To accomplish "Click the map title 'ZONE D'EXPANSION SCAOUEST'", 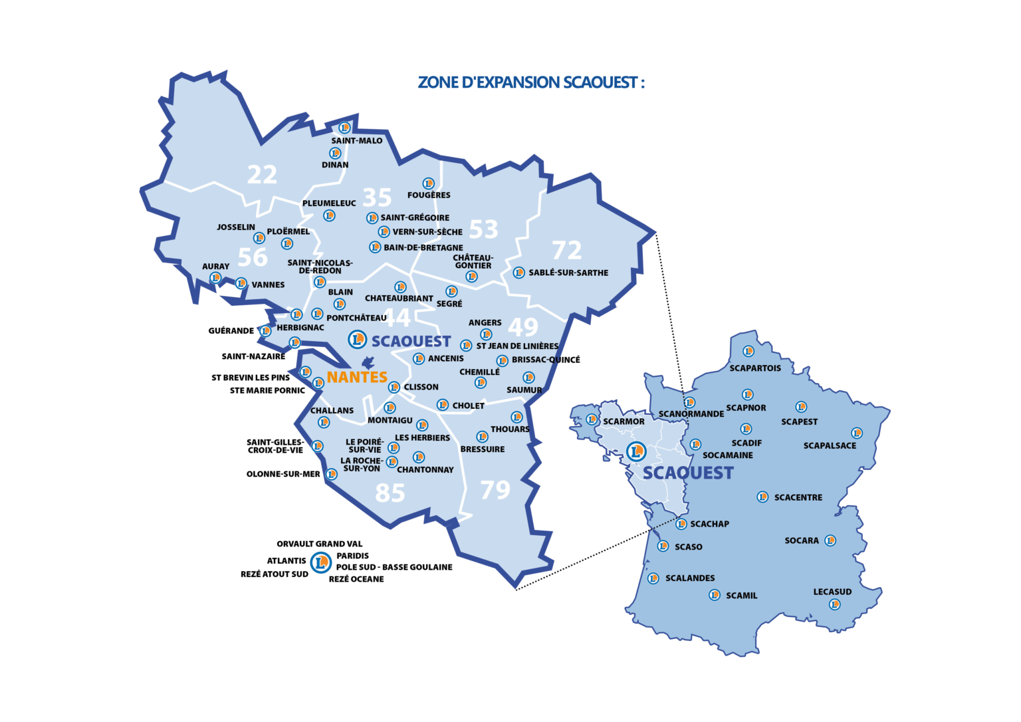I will [531, 82].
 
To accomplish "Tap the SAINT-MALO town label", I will [357, 141].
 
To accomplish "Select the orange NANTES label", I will [357, 377].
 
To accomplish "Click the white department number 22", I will [262, 175].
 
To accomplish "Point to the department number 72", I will [567, 250].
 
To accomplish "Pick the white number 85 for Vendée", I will [390, 493].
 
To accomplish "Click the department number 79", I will [495, 490].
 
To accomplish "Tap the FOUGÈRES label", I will [429, 195].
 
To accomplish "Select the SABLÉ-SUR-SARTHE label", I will [568, 273].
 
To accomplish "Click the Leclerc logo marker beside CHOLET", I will [443, 405].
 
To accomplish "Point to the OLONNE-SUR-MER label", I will [283, 474].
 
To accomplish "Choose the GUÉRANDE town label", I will [231, 330].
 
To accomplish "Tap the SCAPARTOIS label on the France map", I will [755, 368].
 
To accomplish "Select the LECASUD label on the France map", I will [832, 592].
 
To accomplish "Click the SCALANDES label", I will [690, 578].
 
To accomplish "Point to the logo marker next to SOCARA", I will [830, 541].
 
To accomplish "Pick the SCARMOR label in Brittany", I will [624, 421].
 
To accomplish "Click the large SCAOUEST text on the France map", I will [688, 473].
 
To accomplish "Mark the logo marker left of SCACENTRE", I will [762, 497].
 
